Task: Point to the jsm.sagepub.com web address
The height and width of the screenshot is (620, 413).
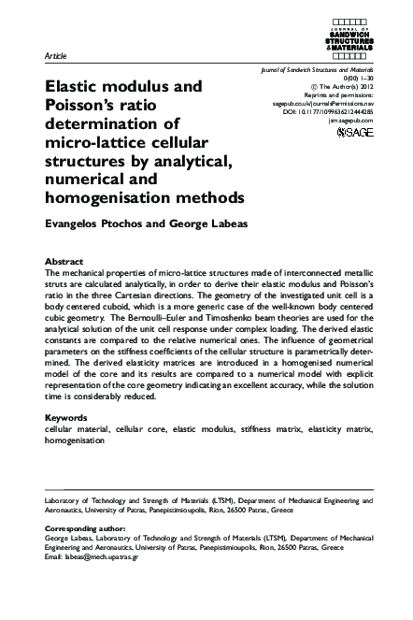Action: (x=351, y=120)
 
